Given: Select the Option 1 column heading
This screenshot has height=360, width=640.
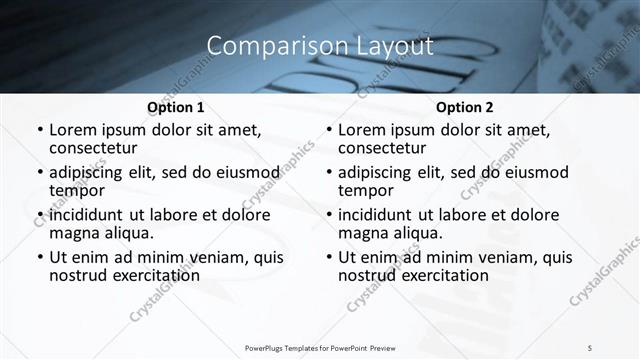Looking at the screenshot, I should pyautogui.click(x=176, y=107).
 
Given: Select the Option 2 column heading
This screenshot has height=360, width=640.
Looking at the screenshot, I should pyautogui.click(x=465, y=107).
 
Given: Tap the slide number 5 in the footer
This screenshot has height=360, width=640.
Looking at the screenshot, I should pyautogui.click(x=589, y=347).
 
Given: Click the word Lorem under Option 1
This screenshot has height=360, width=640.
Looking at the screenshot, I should pyautogui.click(x=72, y=130).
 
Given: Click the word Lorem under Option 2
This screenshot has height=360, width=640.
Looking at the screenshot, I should pyautogui.click(x=361, y=130).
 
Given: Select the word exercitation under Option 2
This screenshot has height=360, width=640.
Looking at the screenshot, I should pyautogui.click(x=444, y=275).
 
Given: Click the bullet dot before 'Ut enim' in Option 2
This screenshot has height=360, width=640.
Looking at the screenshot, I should pyautogui.click(x=329, y=257).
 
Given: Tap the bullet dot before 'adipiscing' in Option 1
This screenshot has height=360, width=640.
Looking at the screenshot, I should pyautogui.click(x=40, y=173).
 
